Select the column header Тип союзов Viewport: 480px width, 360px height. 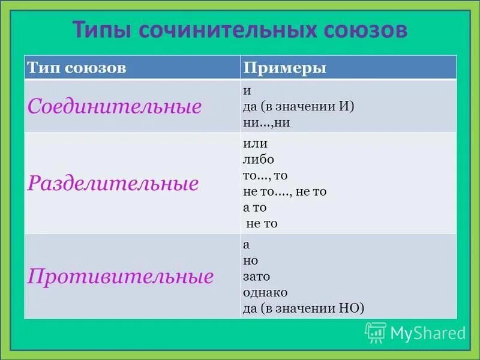[x=76, y=68]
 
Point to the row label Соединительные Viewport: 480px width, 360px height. [x=114, y=107]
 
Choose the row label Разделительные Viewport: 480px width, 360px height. [x=113, y=183]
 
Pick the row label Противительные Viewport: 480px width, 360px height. [x=121, y=277]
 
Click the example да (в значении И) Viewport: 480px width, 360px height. [x=299, y=107]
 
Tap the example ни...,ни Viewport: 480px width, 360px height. [x=266, y=122]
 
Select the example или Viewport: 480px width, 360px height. [x=255, y=144]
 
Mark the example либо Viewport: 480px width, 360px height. [x=258, y=160]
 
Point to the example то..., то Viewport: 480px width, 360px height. [x=265, y=176]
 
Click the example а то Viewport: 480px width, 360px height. [x=254, y=208]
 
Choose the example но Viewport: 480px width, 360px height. [x=250, y=261]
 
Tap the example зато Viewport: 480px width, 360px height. [x=256, y=277]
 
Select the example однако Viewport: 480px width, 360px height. [x=265, y=293]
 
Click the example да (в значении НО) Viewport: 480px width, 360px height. [x=304, y=308]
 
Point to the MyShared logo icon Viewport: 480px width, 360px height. [x=376, y=332]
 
